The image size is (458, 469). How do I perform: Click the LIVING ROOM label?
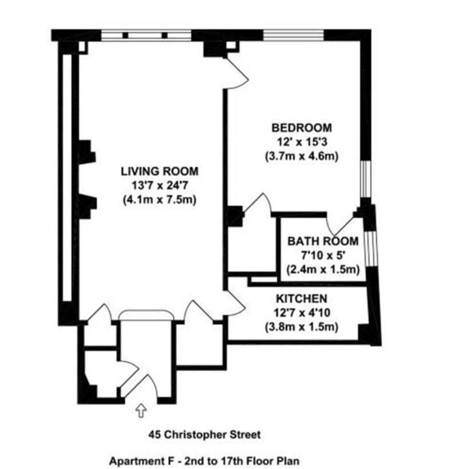(160, 172)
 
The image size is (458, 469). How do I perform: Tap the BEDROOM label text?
(302, 128)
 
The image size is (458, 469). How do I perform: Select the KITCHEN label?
(302, 299)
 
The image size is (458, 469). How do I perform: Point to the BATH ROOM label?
(323, 241)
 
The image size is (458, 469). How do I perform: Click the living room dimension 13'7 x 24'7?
(160, 186)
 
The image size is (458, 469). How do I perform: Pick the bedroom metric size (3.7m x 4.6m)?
(302, 157)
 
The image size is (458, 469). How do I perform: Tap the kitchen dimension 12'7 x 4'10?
(302, 313)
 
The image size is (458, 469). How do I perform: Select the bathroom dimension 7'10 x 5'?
(323, 256)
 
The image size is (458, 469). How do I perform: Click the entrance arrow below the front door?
(141, 411)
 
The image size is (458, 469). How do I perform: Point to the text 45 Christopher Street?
(204, 434)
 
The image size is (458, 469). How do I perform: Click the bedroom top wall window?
(293, 35)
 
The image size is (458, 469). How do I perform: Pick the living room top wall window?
(146, 35)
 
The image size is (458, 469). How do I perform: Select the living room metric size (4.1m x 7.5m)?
(160, 200)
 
